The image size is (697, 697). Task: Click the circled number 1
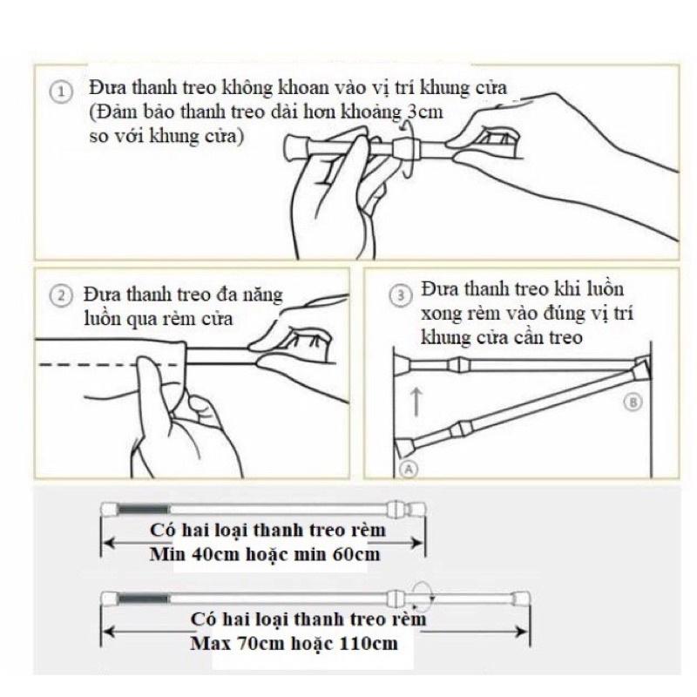[x=60, y=92]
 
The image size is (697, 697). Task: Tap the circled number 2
[x=61, y=296]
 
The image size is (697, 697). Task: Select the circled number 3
[x=401, y=295]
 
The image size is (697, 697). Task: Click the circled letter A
[x=409, y=469]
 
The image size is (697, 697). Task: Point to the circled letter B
[x=633, y=403]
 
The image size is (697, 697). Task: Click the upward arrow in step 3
[x=416, y=402]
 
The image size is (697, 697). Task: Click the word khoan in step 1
[x=302, y=87]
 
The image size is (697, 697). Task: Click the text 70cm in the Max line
[x=260, y=643]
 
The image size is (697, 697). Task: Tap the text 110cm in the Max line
[x=369, y=643]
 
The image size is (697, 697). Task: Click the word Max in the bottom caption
[x=210, y=643]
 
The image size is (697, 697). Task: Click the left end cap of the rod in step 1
[x=293, y=147]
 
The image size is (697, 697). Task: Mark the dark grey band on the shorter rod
[x=143, y=510]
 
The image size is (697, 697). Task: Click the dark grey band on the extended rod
[x=143, y=599]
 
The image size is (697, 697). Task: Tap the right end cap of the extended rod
[x=520, y=599]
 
